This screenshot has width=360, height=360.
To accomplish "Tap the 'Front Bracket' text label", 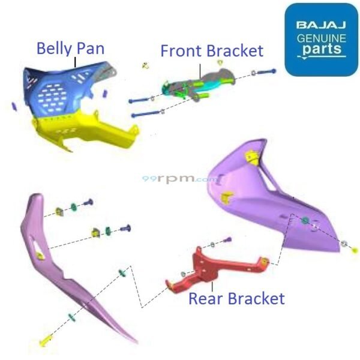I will pos(211,50).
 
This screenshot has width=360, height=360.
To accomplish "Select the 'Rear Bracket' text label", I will pos(236,298).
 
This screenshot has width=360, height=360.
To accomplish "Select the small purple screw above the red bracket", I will pos(227,240).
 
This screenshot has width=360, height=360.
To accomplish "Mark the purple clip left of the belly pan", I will pos(14,106).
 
